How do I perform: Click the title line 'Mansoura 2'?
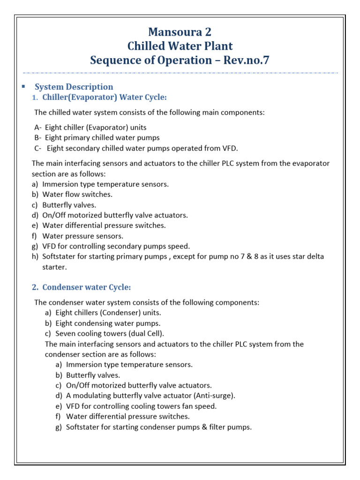[180, 32]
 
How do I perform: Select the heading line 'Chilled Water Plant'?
[180, 46]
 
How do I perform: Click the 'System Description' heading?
[74, 87]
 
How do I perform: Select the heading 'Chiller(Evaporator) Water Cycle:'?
[104, 97]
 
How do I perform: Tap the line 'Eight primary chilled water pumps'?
[102, 138]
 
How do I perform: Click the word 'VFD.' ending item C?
[230, 149]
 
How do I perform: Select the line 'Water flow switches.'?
[77, 194]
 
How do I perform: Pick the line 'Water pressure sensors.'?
[83, 236]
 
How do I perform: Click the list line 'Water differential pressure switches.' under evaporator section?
[104, 225]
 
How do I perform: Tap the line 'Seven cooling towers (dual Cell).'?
[110, 333]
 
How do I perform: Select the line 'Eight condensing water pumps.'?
[108, 323]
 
